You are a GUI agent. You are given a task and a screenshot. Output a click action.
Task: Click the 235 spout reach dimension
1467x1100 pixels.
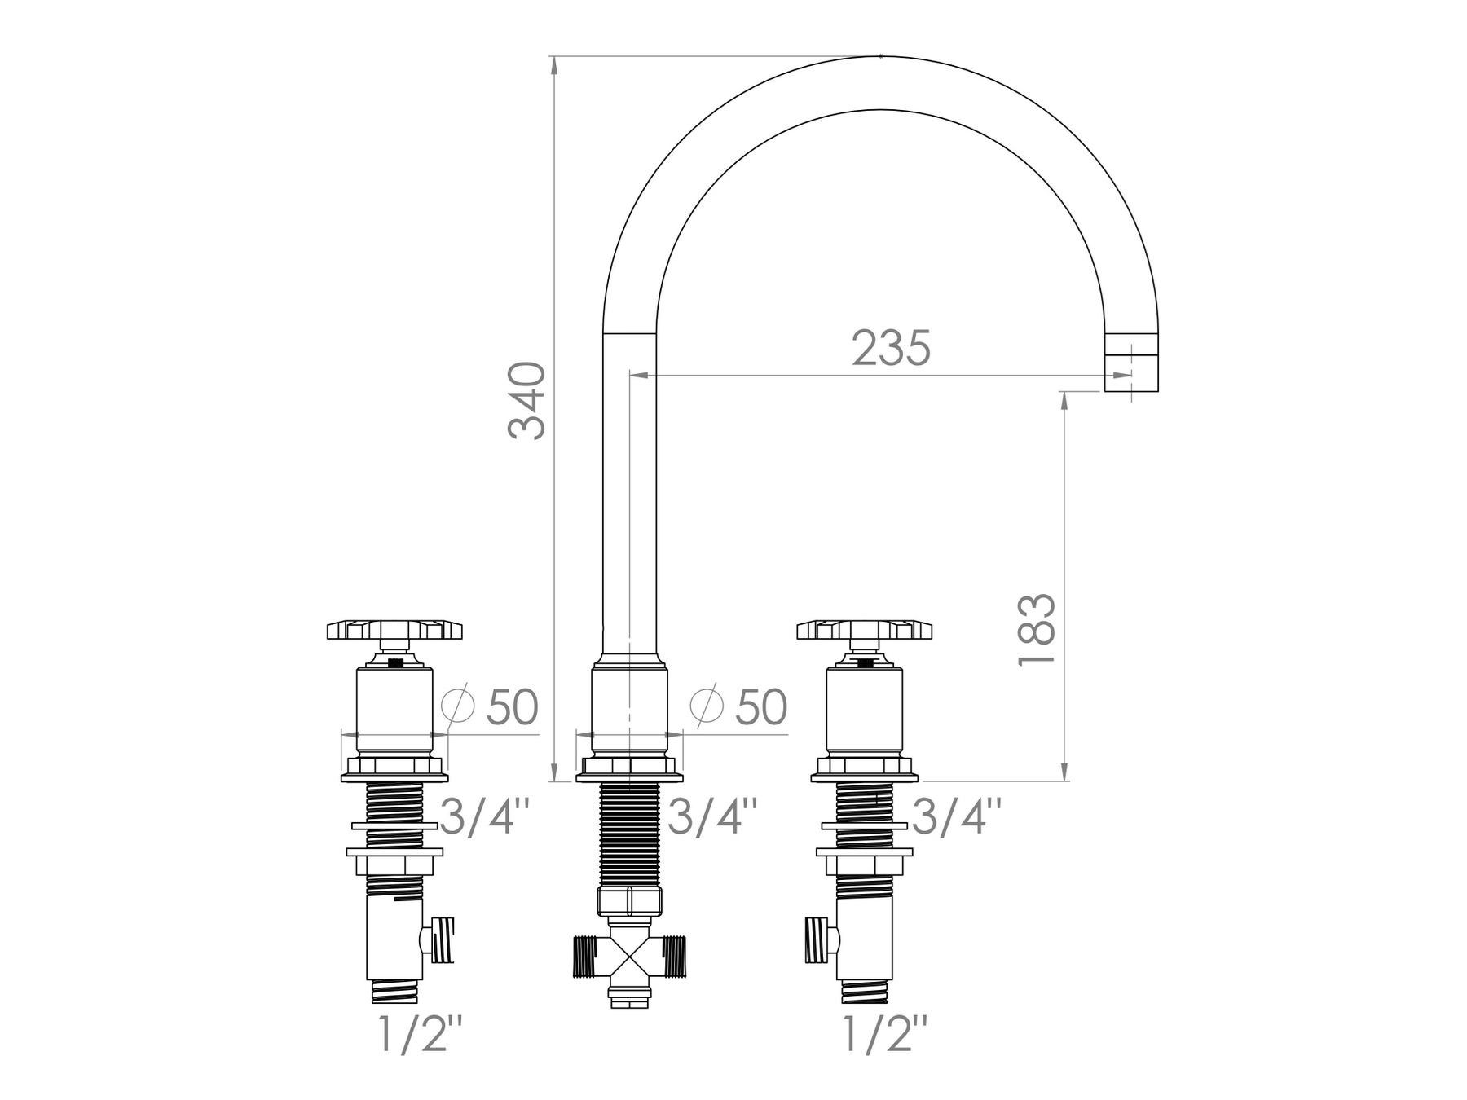pyautogui.click(x=891, y=348)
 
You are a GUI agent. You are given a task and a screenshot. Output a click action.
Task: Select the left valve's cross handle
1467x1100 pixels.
pyautogui.click(x=394, y=630)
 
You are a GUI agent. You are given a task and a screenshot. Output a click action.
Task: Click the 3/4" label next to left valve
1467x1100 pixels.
pyautogui.click(x=486, y=816)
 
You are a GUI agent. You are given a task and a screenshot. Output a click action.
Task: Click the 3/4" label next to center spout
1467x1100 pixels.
pyautogui.click(x=713, y=816)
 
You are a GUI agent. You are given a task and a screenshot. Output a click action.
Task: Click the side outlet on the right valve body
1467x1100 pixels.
pyautogui.click(x=819, y=938)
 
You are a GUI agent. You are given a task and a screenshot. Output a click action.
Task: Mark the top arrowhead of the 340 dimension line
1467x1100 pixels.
pyautogui.click(x=554, y=65)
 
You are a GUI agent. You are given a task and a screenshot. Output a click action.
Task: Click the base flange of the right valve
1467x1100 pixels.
pyautogui.click(x=865, y=767)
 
